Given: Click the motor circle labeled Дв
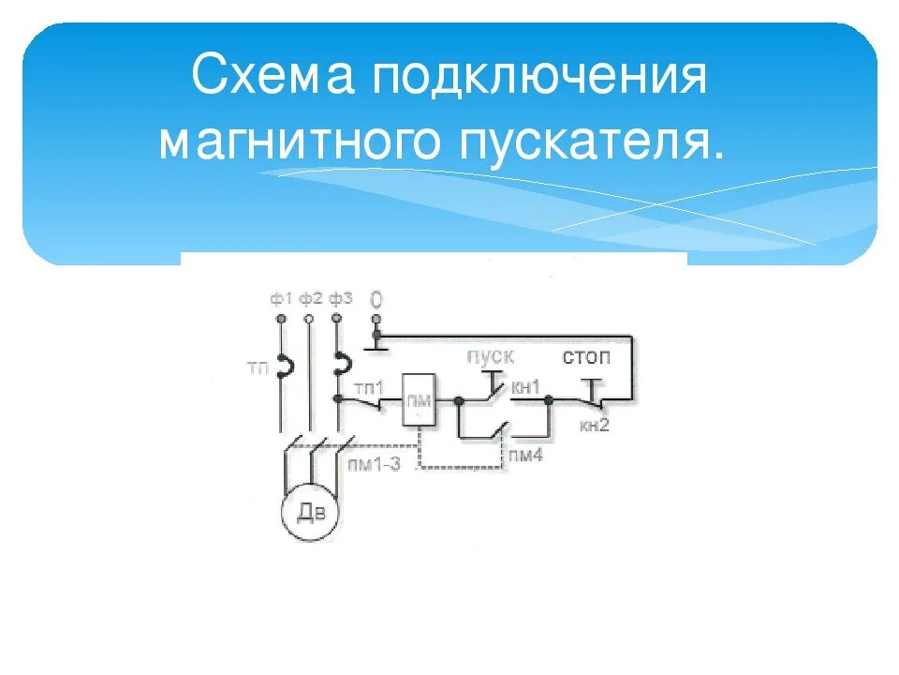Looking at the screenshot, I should [310, 511].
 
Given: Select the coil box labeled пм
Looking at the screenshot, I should [418, 399].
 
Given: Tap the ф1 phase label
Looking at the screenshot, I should [281, 298].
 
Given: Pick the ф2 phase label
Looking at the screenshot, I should [310, 298].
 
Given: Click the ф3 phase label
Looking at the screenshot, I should [340, 298].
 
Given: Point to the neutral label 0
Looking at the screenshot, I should [376, 300].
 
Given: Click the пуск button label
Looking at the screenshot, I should [491, 357].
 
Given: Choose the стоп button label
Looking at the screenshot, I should [586, 357].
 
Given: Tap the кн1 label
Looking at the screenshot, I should [528, 385].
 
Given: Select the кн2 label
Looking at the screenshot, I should [594, 426].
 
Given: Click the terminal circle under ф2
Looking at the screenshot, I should [309, 320].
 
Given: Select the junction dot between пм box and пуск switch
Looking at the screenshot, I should [458, 401].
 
